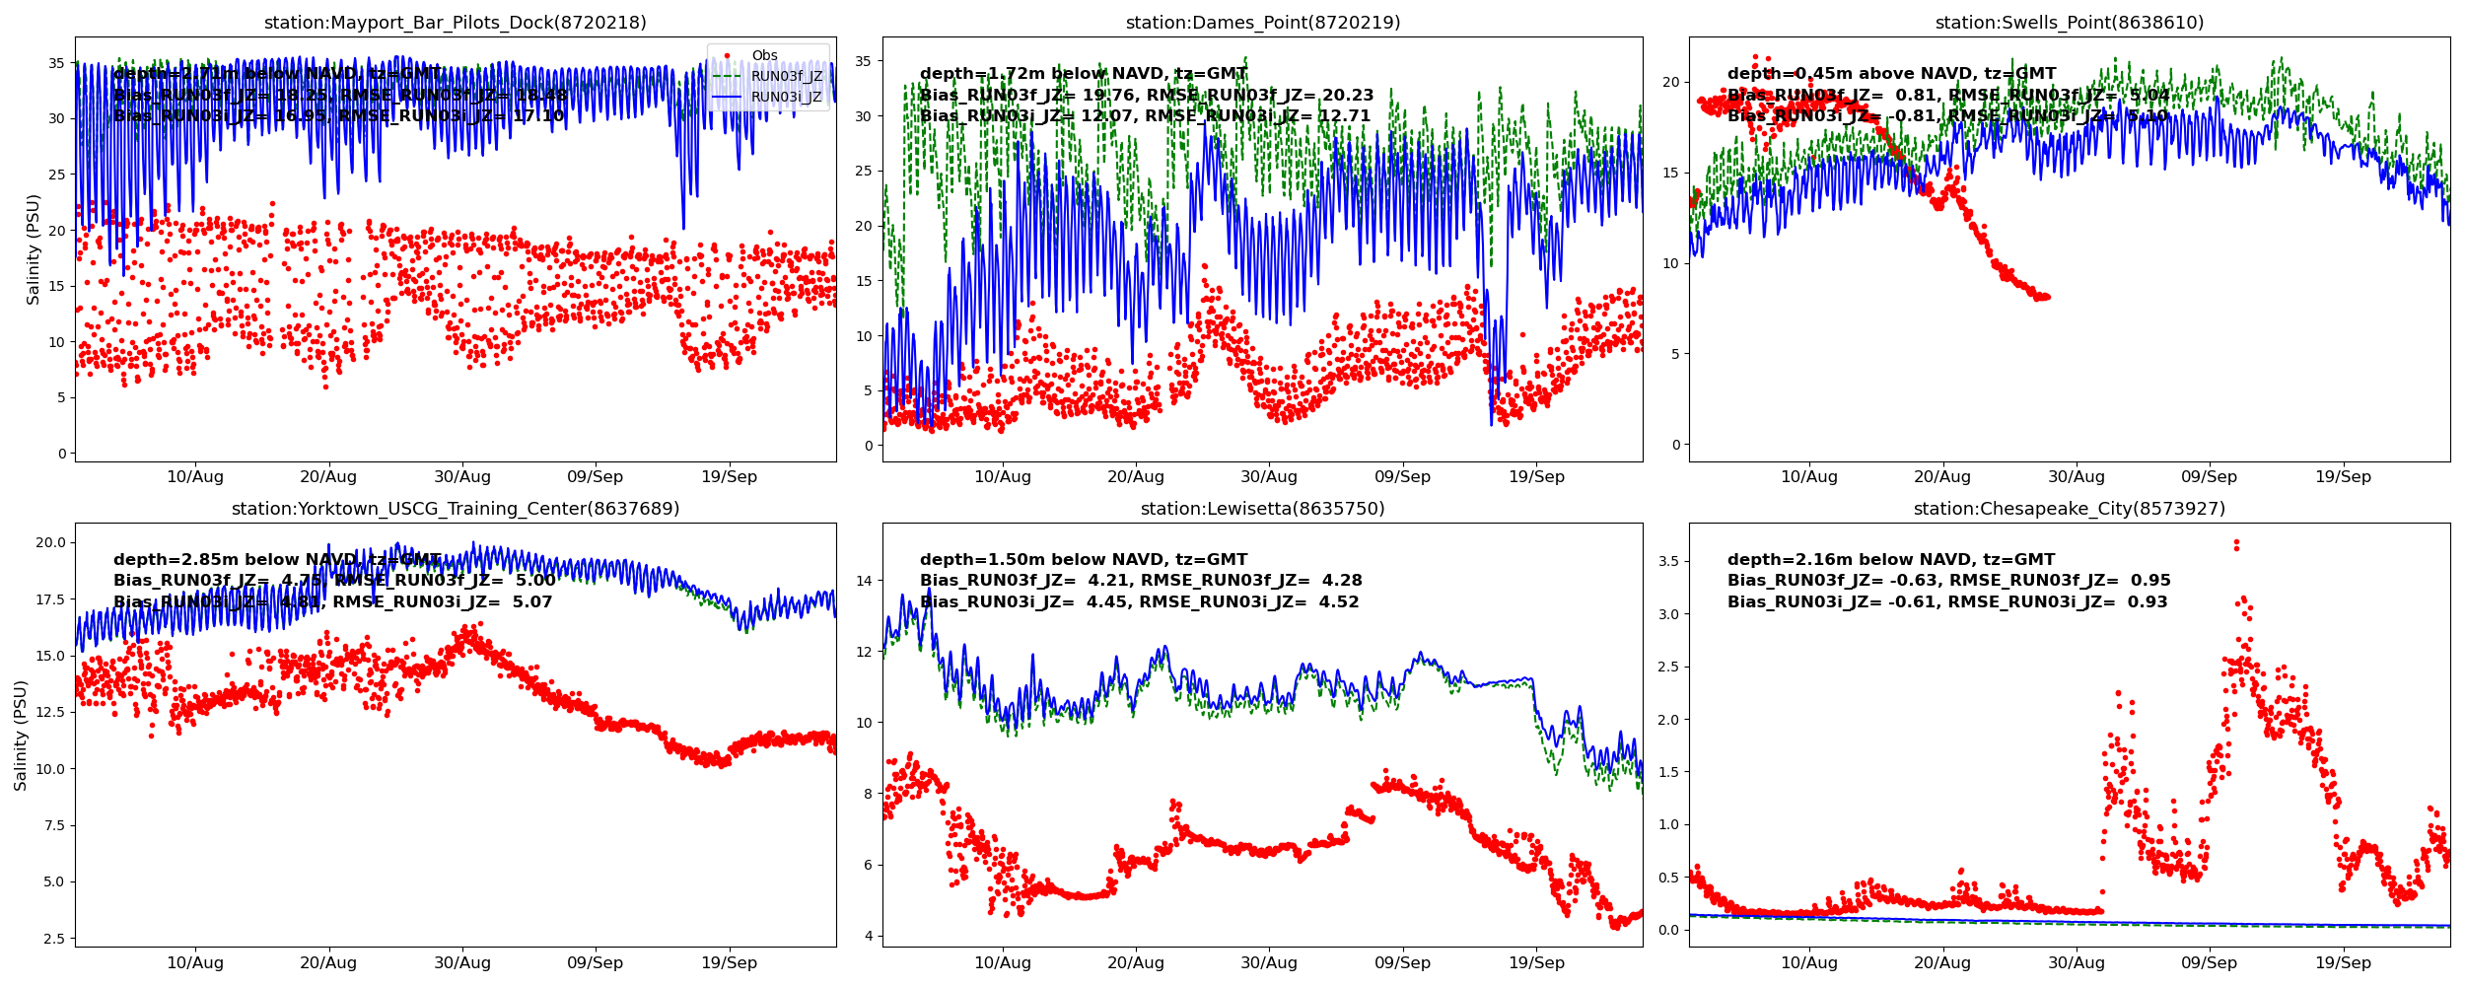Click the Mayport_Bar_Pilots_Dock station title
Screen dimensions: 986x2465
click(455, 23)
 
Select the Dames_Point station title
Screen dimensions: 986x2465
click(1262, 23)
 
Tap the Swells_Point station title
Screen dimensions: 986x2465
click(2069, 23)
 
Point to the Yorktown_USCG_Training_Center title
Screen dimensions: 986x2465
click(455, 509)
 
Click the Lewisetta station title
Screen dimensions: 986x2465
click(1262, 509)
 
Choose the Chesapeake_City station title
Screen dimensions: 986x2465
click(2069, 509)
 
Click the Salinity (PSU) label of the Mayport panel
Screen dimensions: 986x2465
click(34, 249)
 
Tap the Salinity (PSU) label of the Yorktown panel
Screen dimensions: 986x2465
click(21, 736)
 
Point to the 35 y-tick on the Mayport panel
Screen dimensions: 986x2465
click(57, 63)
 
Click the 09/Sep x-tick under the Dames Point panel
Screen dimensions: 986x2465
click(1402, 477)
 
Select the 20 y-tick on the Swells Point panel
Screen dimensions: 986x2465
click(1670, 82)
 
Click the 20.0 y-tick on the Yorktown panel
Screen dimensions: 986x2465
click(50, 542)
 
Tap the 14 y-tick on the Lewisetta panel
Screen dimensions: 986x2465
click(864, 581)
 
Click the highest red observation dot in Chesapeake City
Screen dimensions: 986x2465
click(2236, 542)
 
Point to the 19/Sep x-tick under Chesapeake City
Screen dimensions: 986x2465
click(2343, 963)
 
